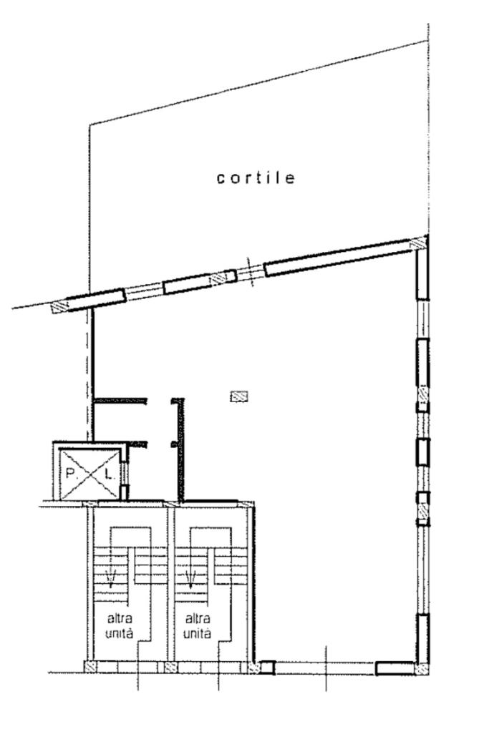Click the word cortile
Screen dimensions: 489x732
tap(256, 178)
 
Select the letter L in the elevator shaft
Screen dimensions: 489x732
tap(108, 474)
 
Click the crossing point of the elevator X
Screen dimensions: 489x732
tap(89, 474)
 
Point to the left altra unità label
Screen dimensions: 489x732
tap(120, 626)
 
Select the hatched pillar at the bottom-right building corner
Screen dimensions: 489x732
tap(422, 668)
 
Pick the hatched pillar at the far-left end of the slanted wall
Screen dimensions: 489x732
tap(59, 306)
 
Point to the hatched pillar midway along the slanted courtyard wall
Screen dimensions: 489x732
tap(221, 278)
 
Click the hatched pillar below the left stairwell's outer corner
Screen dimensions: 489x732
tap(91, 667)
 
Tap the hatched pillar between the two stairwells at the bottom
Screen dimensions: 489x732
tap(170, 667)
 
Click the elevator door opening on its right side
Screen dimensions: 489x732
tap(124, 472)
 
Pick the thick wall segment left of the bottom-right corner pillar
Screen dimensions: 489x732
tap(395, 668)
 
